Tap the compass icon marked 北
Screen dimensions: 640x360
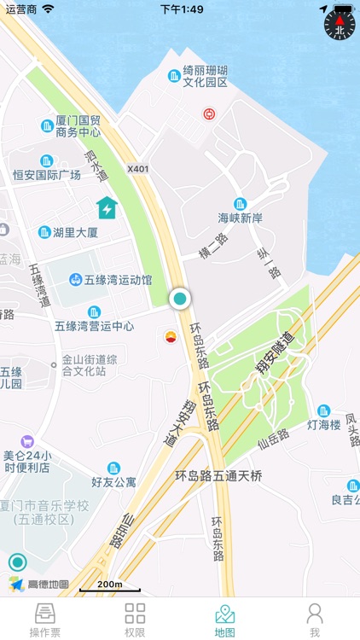coord(339,25)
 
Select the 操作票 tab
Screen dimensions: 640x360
coord(45,620)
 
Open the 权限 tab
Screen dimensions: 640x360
coord(135,620)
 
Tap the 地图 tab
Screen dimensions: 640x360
coord(224,620)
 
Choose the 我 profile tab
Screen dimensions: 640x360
coord(315,620)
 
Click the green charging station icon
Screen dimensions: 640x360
coord(107,207)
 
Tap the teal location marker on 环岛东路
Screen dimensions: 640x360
coord(180,299)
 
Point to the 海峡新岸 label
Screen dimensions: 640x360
coord(240,218)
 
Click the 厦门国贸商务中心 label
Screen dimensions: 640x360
coord(78,126)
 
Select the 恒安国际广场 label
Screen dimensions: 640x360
coord(47,174)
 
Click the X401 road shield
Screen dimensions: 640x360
coord(137,169)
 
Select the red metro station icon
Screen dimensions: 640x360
coord(208,113)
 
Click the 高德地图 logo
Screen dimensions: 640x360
coord(39,585)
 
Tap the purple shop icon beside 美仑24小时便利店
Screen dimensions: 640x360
coord(27,441)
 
